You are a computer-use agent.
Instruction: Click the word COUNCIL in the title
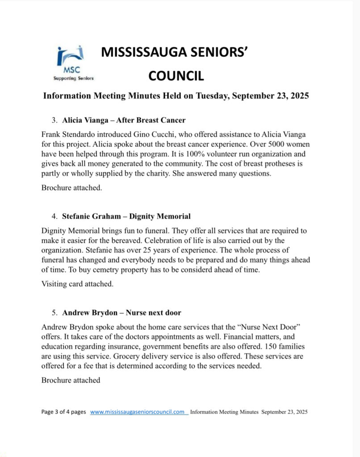tap(176, 75)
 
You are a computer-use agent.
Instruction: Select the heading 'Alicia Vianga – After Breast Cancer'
tap(124, 120)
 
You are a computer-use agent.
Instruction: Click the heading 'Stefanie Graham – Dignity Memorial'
tap(126, 216)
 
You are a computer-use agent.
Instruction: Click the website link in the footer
tap(138, 412)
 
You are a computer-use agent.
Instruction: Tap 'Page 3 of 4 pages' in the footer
tap(63, 412)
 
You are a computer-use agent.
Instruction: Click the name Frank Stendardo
tap(68, 134)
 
